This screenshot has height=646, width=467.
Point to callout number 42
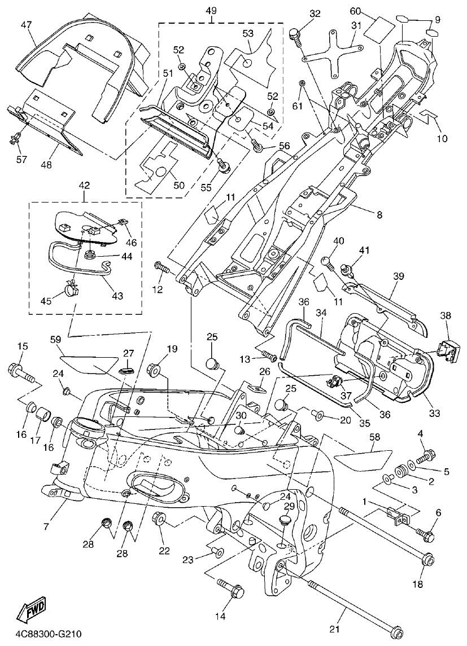[84, 184]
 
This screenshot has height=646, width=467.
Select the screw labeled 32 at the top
[294, 33]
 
